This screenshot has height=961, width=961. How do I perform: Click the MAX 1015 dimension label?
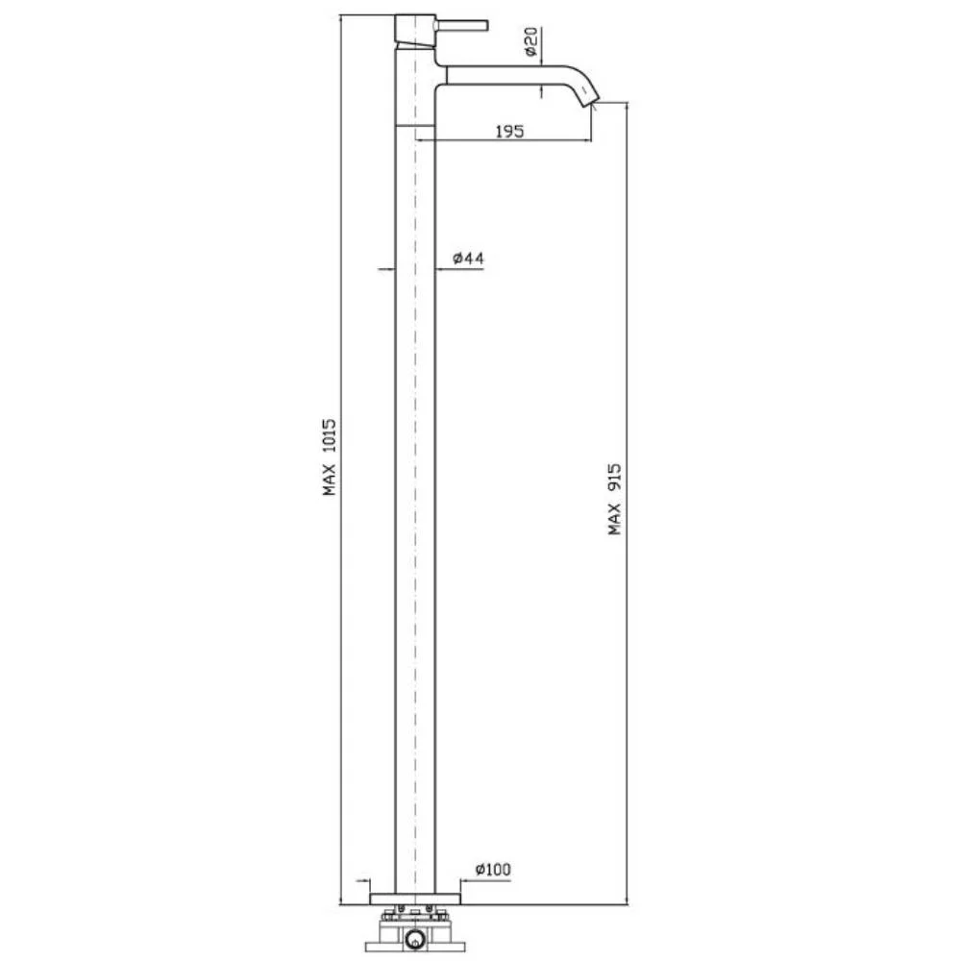(x=330, y=457)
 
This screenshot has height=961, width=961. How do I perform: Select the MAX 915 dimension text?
(x=615, y=499)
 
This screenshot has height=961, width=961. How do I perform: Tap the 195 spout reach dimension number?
(x=509, y=131)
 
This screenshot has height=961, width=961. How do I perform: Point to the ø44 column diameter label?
(x=468, y=258)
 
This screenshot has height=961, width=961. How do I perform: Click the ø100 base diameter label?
(x=493, y=869)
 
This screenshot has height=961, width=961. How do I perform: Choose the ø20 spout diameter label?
(x=531, y=41)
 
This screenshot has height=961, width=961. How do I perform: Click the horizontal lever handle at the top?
(x=461, y=25)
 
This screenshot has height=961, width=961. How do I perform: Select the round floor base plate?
(x=415, y=899)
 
